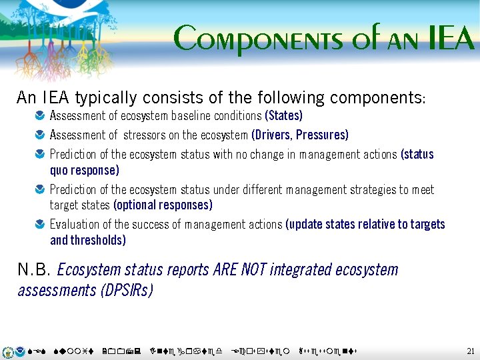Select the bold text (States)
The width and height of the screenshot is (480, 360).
click(x=283, y=116)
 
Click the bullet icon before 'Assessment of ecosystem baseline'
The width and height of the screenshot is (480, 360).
click(x=41, y=117)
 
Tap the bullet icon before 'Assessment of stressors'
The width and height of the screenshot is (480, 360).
click(x=41, y=136)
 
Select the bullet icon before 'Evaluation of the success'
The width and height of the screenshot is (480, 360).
click(x=41, y=225)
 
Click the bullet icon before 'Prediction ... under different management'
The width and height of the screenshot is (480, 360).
click(x=41, y=190)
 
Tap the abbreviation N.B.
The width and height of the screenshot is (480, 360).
click(x=34, y=270)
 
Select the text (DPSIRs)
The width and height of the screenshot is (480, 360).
click(x=126, y=291)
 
